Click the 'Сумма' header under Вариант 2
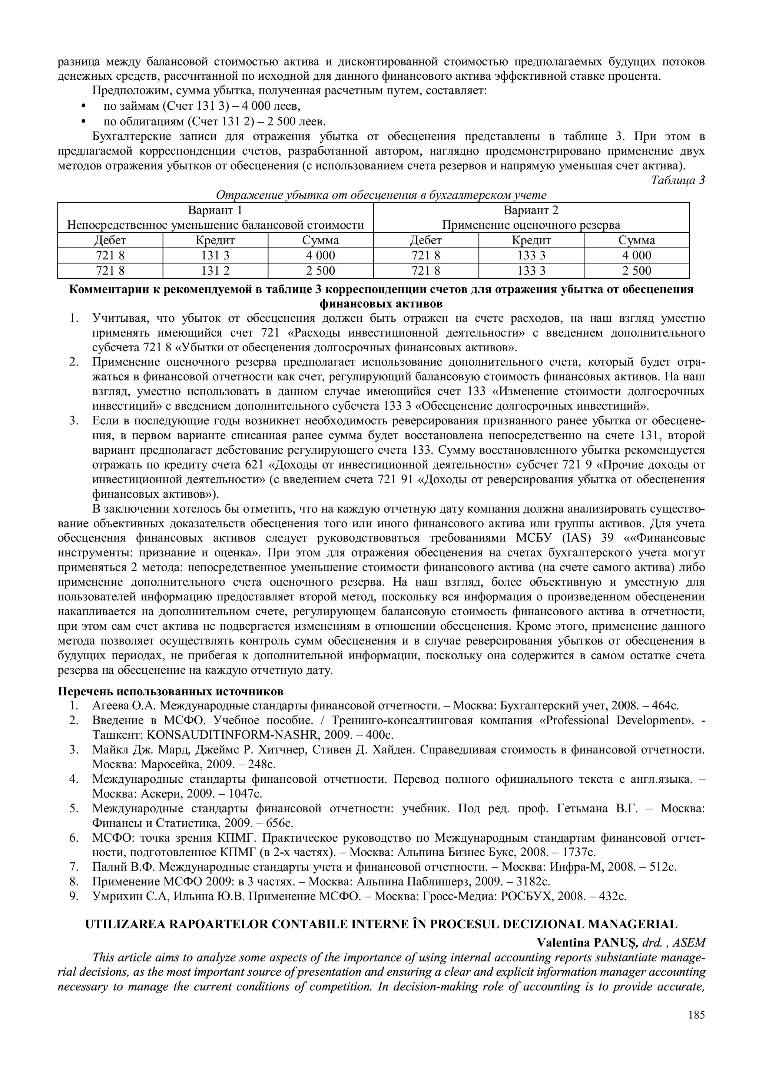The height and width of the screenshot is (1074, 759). (x=636, y=241)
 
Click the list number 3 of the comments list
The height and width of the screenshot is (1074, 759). (x=73, y=421)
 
